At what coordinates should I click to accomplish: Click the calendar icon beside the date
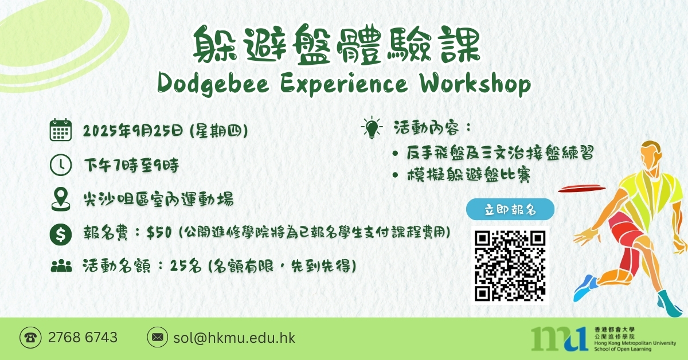coord(61,130)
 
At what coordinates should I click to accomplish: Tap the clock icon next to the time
coord(61,165)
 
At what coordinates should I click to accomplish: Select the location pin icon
coord(61,199)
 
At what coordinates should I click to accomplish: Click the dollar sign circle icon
coord(61,234)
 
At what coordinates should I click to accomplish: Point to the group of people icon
coord(61,266)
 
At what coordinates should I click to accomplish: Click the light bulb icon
coord(372,127)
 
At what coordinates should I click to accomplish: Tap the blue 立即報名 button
coord(510,209)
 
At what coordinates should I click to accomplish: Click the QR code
coord(510,265)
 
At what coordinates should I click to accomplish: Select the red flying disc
coord(581,188)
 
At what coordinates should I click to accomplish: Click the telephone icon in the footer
coord(30,338)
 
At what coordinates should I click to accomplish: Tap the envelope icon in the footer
coord(158,337)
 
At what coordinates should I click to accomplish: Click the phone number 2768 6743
coord(83,338)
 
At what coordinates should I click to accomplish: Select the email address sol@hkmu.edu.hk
coord(234,338)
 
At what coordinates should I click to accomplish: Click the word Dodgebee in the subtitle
coord(213,84)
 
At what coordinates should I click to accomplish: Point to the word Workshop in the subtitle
coord(475,84)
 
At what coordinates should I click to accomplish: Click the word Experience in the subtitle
coord(344,84)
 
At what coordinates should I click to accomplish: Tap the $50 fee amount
coord(159,233)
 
